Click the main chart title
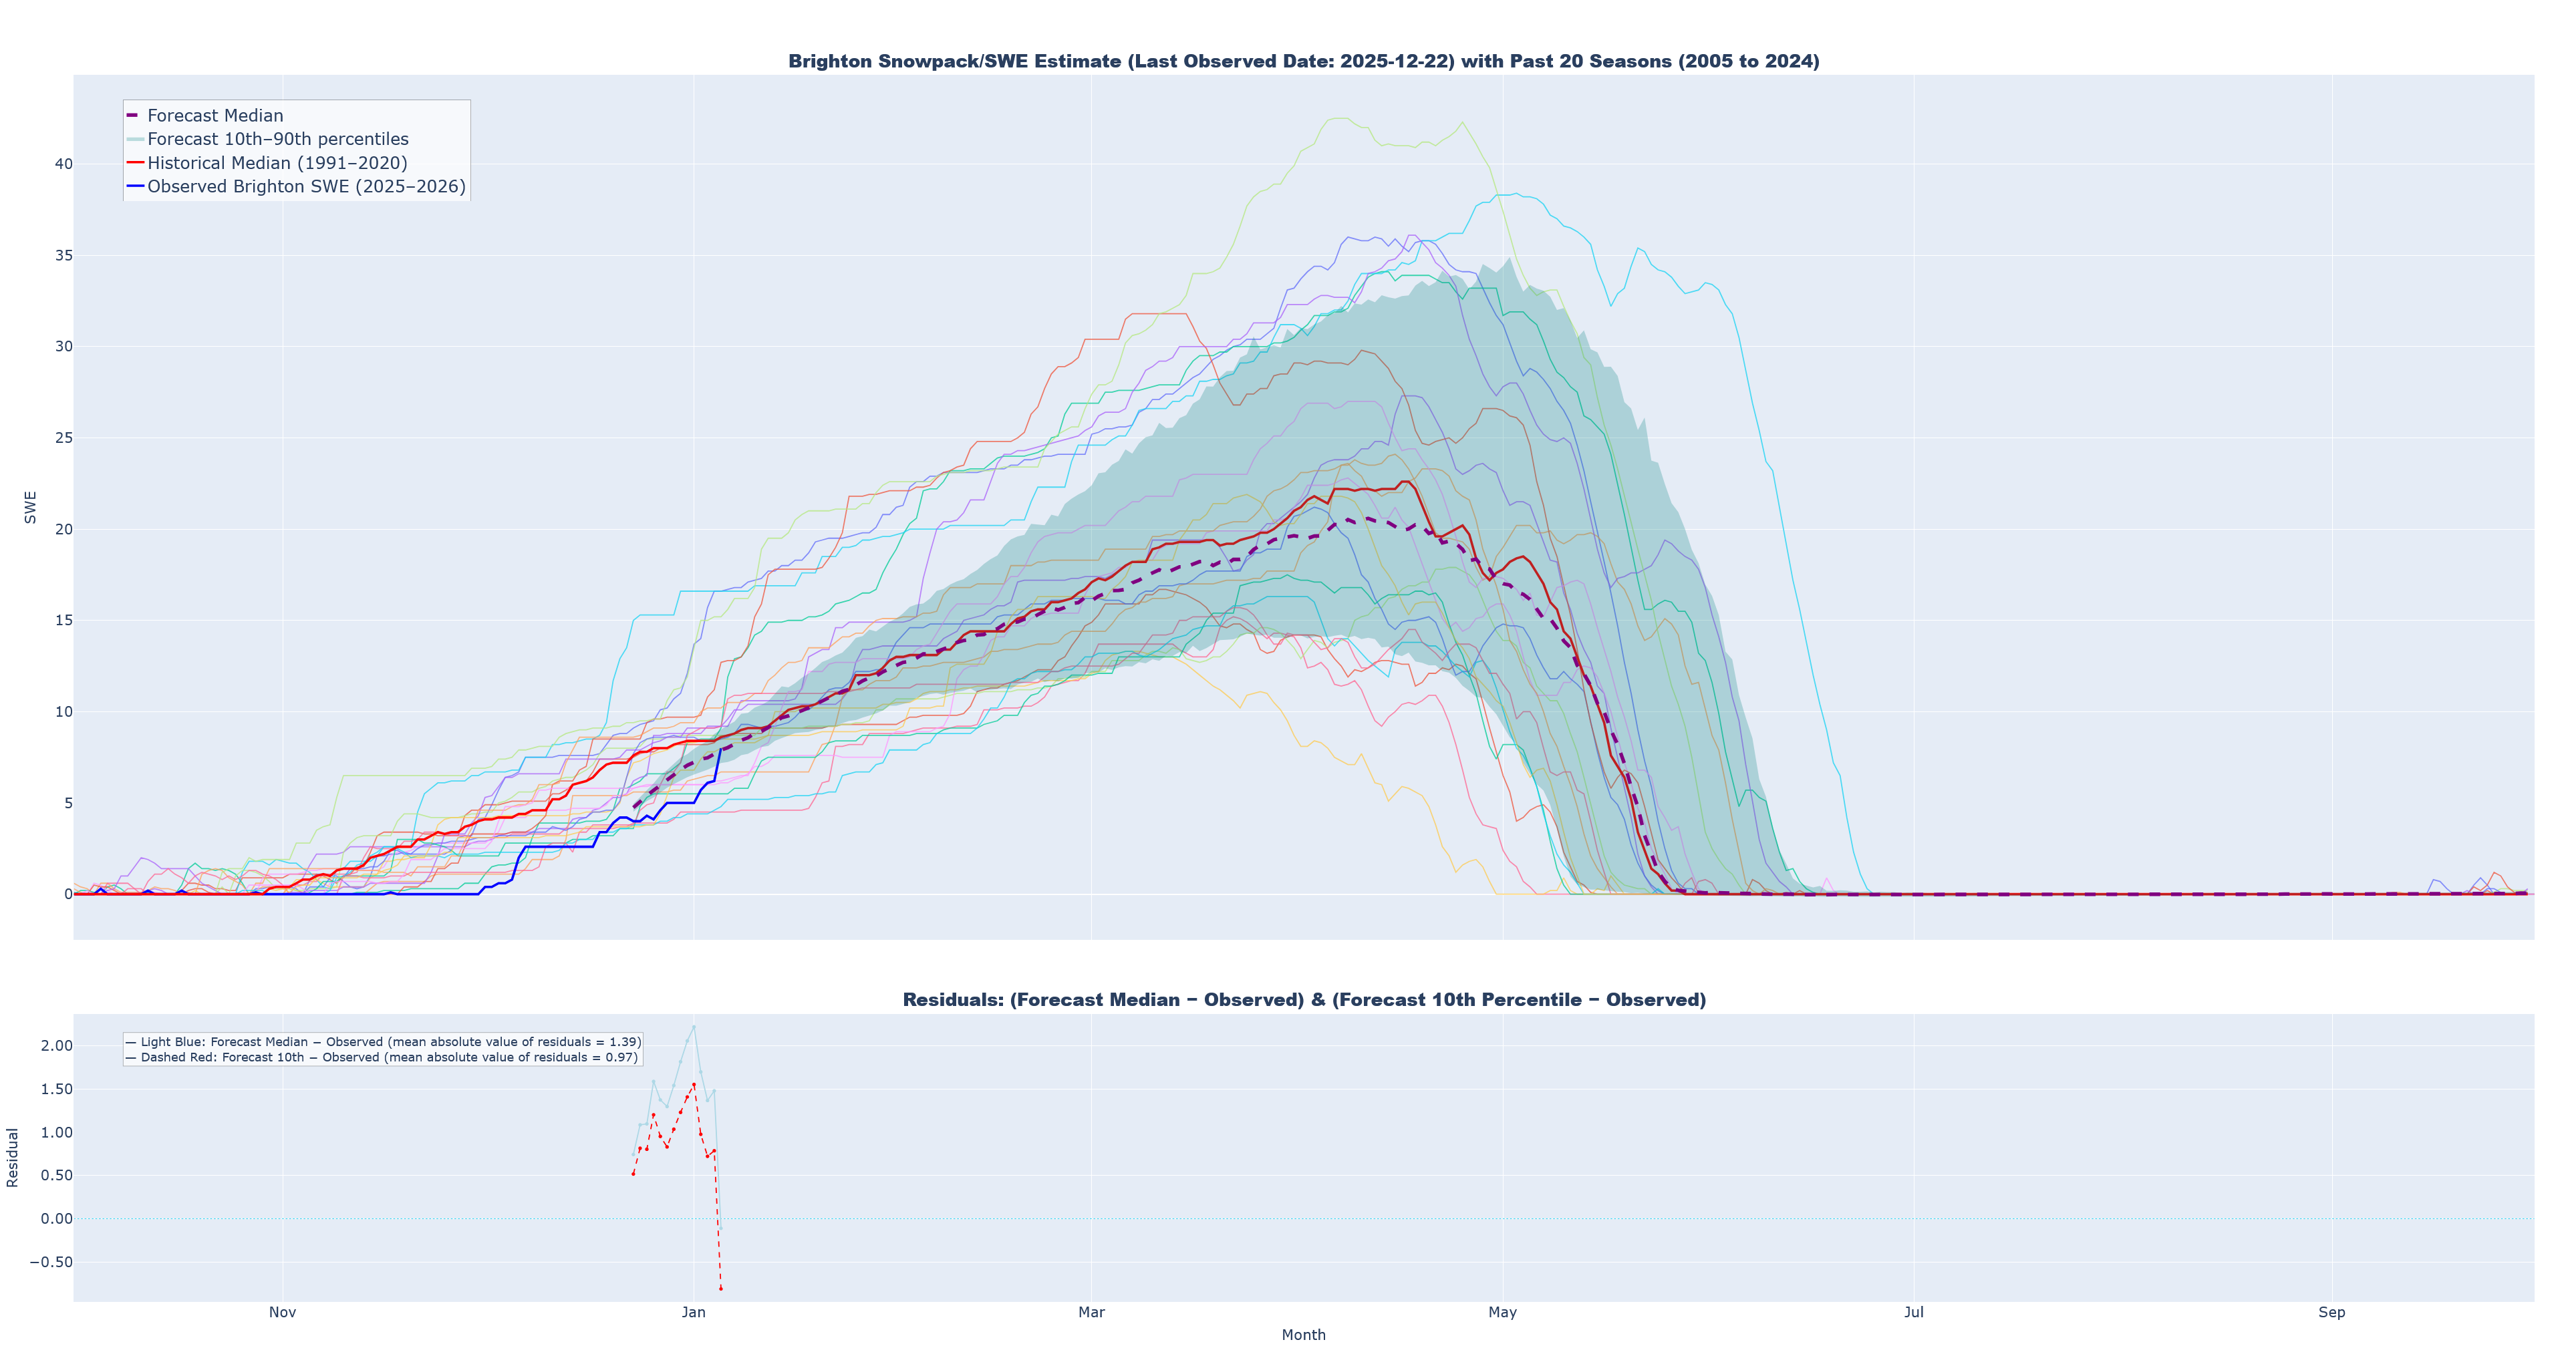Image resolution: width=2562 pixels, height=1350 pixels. pyautogui.click(x=1303, y=61)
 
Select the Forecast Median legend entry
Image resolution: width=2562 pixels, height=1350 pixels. pyautogui.click(x=215, y=116)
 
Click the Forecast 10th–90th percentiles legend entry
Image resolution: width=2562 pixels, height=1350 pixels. pyautogui.click(x=277, y=139)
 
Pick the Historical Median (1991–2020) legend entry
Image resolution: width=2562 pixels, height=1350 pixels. pyautogui.click(x=277, y=163)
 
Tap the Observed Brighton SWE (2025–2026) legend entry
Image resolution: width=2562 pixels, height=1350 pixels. pyautogui.click(x=305, y=187)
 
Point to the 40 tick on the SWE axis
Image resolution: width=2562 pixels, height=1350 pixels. pyautogui.click(x=63, y=164)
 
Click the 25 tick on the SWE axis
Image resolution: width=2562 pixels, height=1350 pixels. pyautogui.click(x=63, y=438)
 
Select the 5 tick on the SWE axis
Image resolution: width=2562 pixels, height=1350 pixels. pyautogui.click(x=67, y=802)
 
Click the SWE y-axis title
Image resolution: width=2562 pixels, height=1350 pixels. pyautogui.click(x=31, y=507)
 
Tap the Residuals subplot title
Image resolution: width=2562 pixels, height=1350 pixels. pyautogui.click(x=1303, y=1000)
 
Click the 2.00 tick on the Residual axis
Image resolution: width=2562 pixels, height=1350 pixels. pyautogui.click(x=57, y=1046)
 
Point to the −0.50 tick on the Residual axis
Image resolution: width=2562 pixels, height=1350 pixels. pyautogui.click(x=51, y=1262)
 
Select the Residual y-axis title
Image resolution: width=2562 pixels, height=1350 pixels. pyautogui.click(x=13, y=1157)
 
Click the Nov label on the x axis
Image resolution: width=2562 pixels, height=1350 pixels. pyautogui.click(x=283, y=1312)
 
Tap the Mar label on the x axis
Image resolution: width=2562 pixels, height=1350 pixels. pyautogui.click(x=1091, y=1312)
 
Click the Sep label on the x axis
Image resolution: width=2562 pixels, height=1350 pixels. pyautogui.click(x=2331, y=1312)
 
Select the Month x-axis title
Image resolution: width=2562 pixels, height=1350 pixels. pyautogui.click(x=1303, y=1335)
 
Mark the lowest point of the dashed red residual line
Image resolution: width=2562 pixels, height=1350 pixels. pyautogui.click(x=721, y=1289)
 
